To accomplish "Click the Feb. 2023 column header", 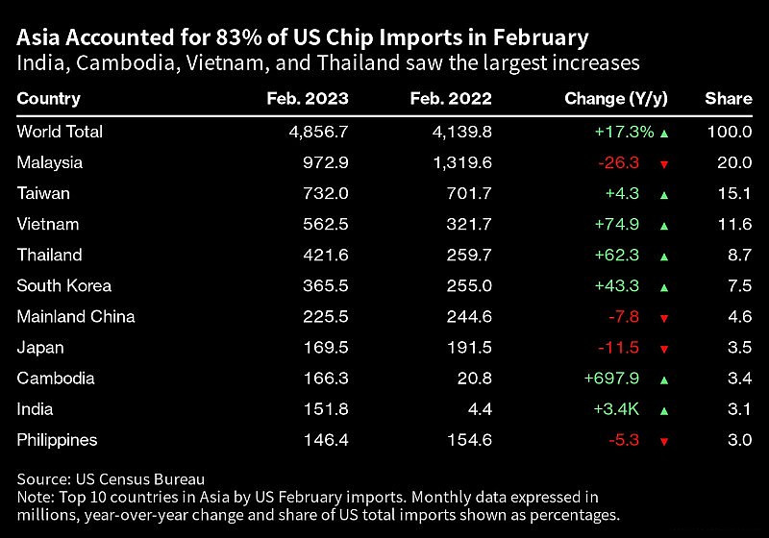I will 308,99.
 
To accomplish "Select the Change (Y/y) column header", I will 616,99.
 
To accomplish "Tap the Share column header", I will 728,99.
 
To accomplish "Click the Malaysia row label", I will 50,162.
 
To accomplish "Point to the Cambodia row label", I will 55,378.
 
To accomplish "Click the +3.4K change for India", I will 619,408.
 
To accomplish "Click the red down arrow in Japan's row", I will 663,348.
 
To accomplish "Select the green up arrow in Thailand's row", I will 663,256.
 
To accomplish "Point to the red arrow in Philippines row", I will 663,440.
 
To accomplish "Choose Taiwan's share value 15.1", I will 734,193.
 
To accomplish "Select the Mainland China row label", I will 76,316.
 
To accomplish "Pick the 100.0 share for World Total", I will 730,132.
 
